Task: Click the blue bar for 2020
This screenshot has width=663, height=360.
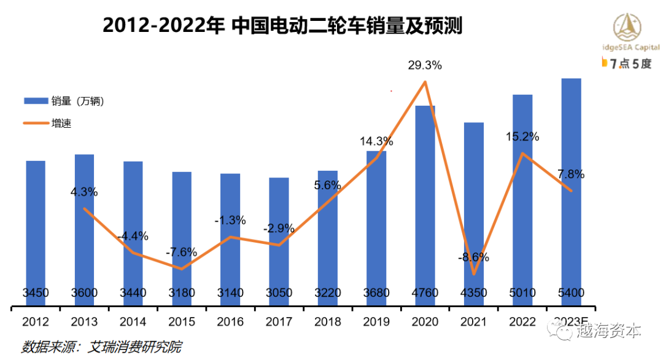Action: click(425, 203)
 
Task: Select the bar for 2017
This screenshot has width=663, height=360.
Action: click(279, 240)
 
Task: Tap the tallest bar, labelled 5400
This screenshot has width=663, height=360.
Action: click(571, 190)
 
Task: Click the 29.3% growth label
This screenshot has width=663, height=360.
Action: click(425, 65)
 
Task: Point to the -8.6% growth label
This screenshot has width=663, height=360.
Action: click(473, 257)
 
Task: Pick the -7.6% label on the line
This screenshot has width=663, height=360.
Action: click(181, 252)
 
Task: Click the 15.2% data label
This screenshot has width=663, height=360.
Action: click(522, 136)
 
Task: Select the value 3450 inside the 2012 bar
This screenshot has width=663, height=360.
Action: click(36, 293)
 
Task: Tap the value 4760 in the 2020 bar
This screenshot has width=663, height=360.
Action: click(425, 293)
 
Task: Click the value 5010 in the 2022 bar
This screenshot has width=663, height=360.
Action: click(522, 293)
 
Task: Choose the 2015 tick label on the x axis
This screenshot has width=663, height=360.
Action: click(181, 321)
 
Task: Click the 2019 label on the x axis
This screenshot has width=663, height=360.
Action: click(376, 321)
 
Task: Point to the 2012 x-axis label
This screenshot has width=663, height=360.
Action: click(36, 321)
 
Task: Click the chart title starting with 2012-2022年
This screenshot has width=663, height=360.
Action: click(282, 26)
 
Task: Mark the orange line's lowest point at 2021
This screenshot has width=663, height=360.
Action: click(474, 273)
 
